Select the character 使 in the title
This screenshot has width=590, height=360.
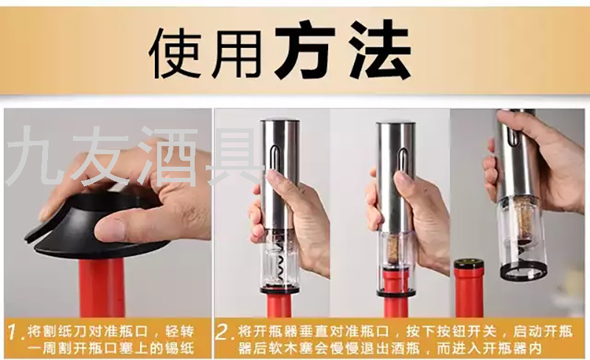pos(174,52)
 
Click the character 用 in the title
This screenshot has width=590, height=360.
pos(237,52)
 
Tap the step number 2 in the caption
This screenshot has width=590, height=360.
pos(224,332)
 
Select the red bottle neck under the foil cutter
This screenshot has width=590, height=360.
pos(102,288)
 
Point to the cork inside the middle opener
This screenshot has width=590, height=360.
pos(395,249)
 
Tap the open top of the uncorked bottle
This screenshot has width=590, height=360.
pos(469,263)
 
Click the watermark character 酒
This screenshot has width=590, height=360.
pos(170,156)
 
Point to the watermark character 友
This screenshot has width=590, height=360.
pos(100,156)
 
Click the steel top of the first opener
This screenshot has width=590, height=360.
pos(280,123)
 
